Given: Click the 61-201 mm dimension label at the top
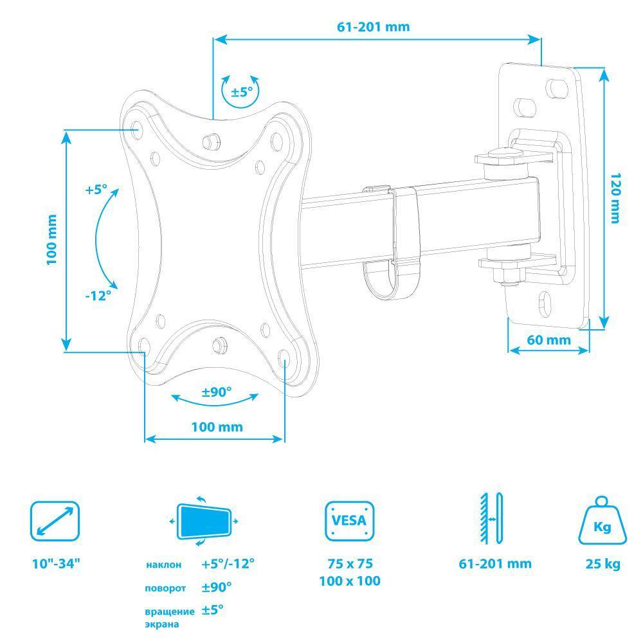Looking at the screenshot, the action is click(373, 26).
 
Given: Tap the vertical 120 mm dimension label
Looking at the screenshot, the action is click(615, 198).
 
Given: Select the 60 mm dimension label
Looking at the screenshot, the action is click(548, 340).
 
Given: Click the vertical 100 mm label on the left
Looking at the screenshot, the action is click(51, 240).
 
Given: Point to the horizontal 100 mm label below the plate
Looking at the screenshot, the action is click(217, 427).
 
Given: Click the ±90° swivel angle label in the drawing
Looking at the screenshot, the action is click(217, 392).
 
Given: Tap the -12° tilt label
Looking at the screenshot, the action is click(98, 295).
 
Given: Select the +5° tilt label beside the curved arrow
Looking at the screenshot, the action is click(96, 190).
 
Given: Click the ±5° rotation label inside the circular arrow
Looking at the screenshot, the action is click(242, 91).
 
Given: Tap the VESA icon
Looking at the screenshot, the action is click(349, 521).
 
